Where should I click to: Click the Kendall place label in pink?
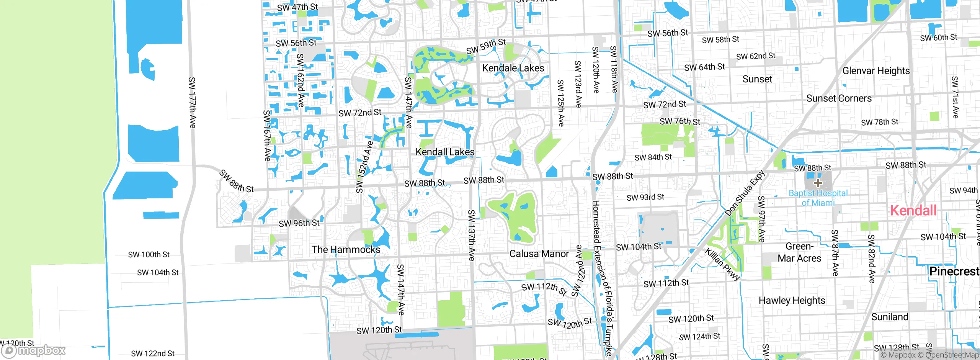point(913,211)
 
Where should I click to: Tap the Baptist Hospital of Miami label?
point(818,198)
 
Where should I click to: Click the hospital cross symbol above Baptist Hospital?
point(818,183)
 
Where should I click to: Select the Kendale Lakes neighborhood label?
point(513,68)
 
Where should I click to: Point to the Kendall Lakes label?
point(445,152)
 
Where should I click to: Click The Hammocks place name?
point(346,250)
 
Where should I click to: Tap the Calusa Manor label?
point(539,254)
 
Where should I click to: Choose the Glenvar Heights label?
point(876,71)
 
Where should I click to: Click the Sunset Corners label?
point(839,98)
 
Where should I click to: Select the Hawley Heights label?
point(792,301)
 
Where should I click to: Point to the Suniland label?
point(889,317)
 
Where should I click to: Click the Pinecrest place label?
point(954,272)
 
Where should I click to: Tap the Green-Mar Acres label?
point(799,252)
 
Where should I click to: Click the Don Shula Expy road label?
point(745,193)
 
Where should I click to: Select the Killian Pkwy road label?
point(723,264)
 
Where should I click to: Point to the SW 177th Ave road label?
point(192,103)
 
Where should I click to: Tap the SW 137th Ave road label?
point(472,235)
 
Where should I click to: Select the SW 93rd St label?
point(645,198)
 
